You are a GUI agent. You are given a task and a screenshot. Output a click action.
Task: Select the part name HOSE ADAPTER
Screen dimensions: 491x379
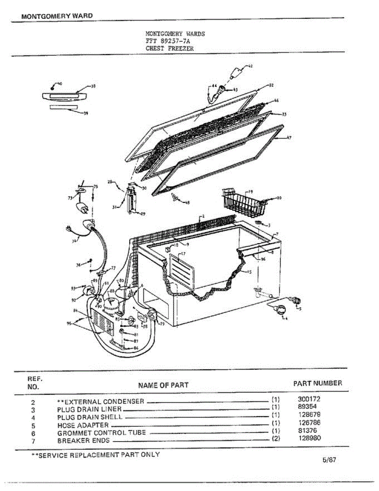coord(83,425)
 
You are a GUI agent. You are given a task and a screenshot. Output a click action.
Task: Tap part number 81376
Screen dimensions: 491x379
coord(308,430)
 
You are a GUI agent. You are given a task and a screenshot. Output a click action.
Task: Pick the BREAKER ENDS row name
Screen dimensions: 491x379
coord(83,441)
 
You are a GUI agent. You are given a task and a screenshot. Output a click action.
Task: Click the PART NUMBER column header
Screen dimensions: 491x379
coord(317,383)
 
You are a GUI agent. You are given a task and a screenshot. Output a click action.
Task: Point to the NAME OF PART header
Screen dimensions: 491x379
coord(163,385)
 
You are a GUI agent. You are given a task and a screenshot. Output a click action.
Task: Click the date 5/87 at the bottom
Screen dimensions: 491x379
coord(329,459)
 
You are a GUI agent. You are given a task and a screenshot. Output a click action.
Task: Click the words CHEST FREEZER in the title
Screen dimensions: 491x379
coord(170,48)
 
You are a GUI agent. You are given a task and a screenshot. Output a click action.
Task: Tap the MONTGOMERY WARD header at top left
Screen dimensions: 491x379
coord(57,16)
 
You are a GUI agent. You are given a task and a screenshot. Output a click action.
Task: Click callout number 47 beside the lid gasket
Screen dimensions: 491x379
coord(289,138)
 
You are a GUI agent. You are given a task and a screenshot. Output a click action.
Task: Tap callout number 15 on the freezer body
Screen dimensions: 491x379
coord(249,272)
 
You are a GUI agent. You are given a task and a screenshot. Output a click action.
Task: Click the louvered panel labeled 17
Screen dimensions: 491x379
coord(182,270)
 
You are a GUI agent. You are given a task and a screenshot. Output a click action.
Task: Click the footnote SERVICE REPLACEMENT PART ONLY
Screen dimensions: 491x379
coord(96,455)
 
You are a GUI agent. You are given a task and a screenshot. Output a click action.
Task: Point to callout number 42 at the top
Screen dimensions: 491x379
coord(250,66)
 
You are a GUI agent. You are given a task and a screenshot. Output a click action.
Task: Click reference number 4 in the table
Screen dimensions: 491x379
coord(34,418)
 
